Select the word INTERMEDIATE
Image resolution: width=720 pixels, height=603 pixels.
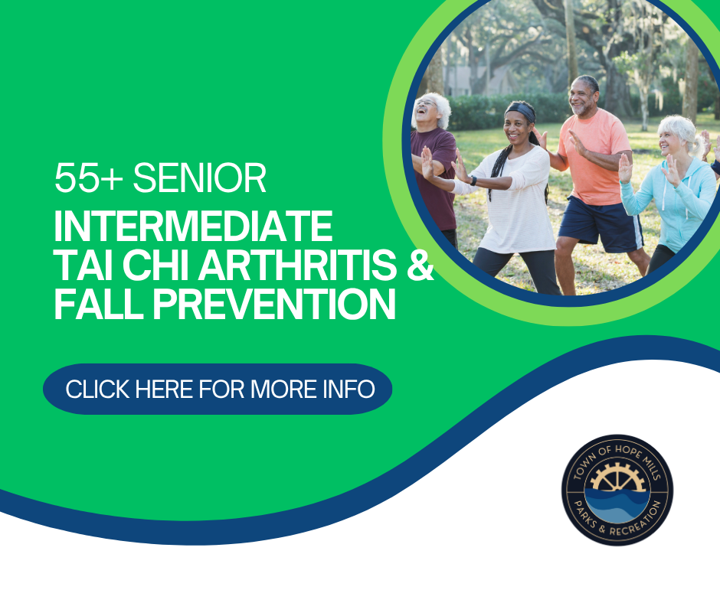click(193, 227)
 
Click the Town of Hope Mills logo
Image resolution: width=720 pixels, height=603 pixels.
click(617, 490)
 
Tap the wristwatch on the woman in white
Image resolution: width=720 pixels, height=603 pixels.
click(473, 181)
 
